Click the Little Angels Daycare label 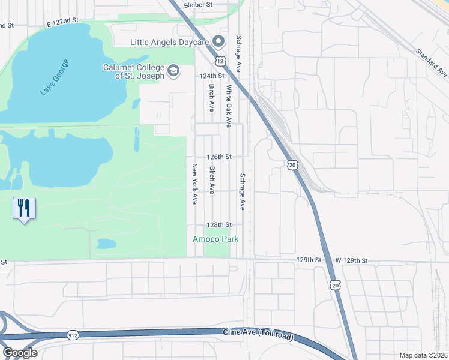(x=170, y=42)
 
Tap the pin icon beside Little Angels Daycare (x=218, y=42)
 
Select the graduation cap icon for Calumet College (x=173, y=71)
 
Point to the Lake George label (x=55, y=77)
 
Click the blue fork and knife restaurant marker (x=24, y=209)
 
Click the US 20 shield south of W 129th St (x=336, y=286)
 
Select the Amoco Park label (x=215, y=239)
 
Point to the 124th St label (x=212, y=76)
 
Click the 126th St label (x=219, y=157)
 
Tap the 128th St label (x=219, y=225)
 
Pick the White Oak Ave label (x=229, y=106)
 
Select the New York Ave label (x=195, y=184)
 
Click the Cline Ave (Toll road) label (x=258, y=333)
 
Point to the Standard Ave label (x=432, y=62)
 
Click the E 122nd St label (x=63, y=21)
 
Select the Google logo (x=20, y=353)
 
